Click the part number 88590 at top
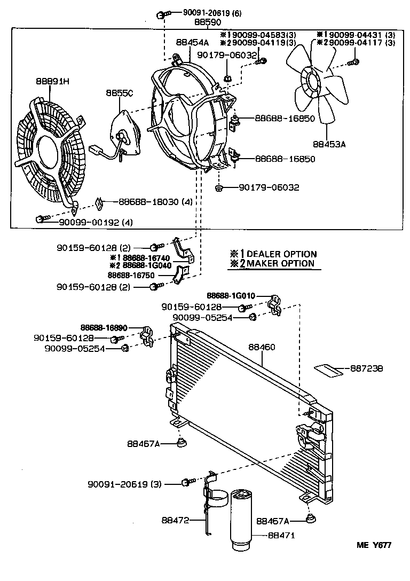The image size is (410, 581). click(207, 22)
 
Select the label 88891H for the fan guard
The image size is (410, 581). click(53, 82)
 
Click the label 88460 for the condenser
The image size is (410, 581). click(262, 347)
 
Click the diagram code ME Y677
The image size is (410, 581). click(374, 545)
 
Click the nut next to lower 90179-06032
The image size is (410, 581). click(219, 187)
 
